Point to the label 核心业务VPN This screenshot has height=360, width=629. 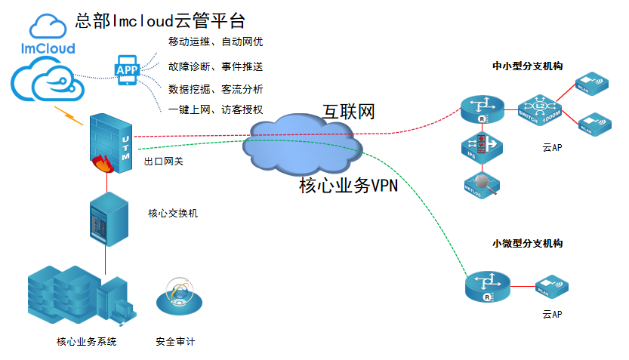tap(348, 186)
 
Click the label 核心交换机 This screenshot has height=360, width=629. tap(173, 214)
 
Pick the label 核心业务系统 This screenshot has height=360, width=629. tap(87, 342)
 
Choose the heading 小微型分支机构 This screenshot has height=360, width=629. tap(527, 244)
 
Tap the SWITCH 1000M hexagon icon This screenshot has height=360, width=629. tap(538, 112)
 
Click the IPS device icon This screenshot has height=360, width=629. tap(481, 147)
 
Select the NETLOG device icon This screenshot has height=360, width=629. tap(482, 183)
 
